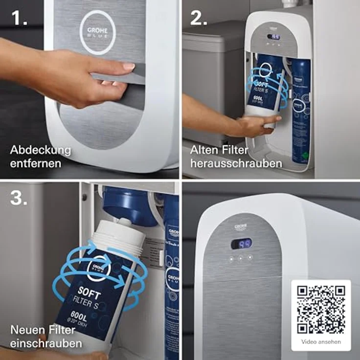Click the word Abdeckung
pos(41,150)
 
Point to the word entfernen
pos(36,162)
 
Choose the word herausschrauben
pos(236,162)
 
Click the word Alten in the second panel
pos(205,150)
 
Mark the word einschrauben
pos(46,343)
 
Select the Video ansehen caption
pos(321,342)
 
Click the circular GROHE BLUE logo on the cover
pos(98,32)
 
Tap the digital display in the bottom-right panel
pos(242,243)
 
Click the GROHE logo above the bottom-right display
pos(241,226)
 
